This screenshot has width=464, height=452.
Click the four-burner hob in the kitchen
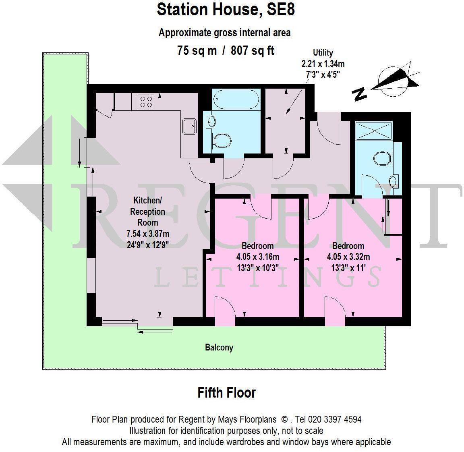[x=146, y=101]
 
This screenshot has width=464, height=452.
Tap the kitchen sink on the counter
[x=189, y=125]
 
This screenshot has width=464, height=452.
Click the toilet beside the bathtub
[x=222, y=141]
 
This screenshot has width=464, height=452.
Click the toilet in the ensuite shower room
[x=383, y=158]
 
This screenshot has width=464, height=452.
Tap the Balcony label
[x=219, y=347]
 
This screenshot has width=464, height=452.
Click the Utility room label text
[x=323, y=53]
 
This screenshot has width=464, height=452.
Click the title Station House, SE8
[x=226, y=10]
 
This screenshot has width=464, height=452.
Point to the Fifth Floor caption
[x=226, y=392]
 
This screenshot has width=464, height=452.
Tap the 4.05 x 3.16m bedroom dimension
[x=258, y=257]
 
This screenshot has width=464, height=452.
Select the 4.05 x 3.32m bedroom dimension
[x=348, y=257]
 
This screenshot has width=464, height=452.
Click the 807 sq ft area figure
[x=253, y=50]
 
